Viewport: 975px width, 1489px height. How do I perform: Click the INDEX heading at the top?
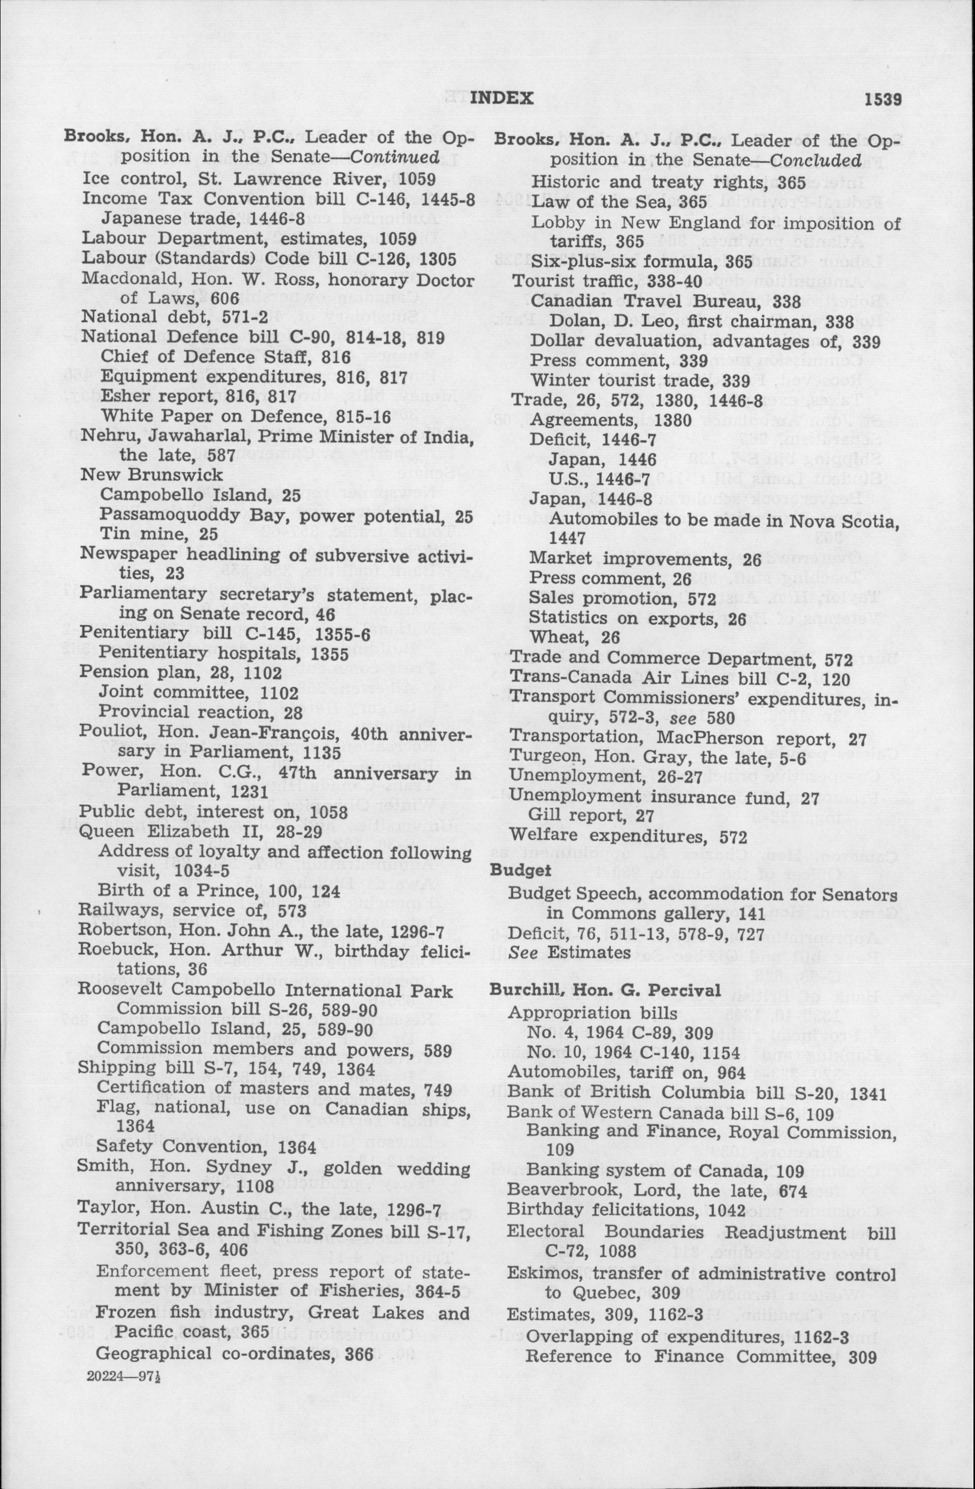click(501, 98)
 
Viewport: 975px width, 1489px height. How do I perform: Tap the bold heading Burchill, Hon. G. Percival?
click(605, 990)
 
